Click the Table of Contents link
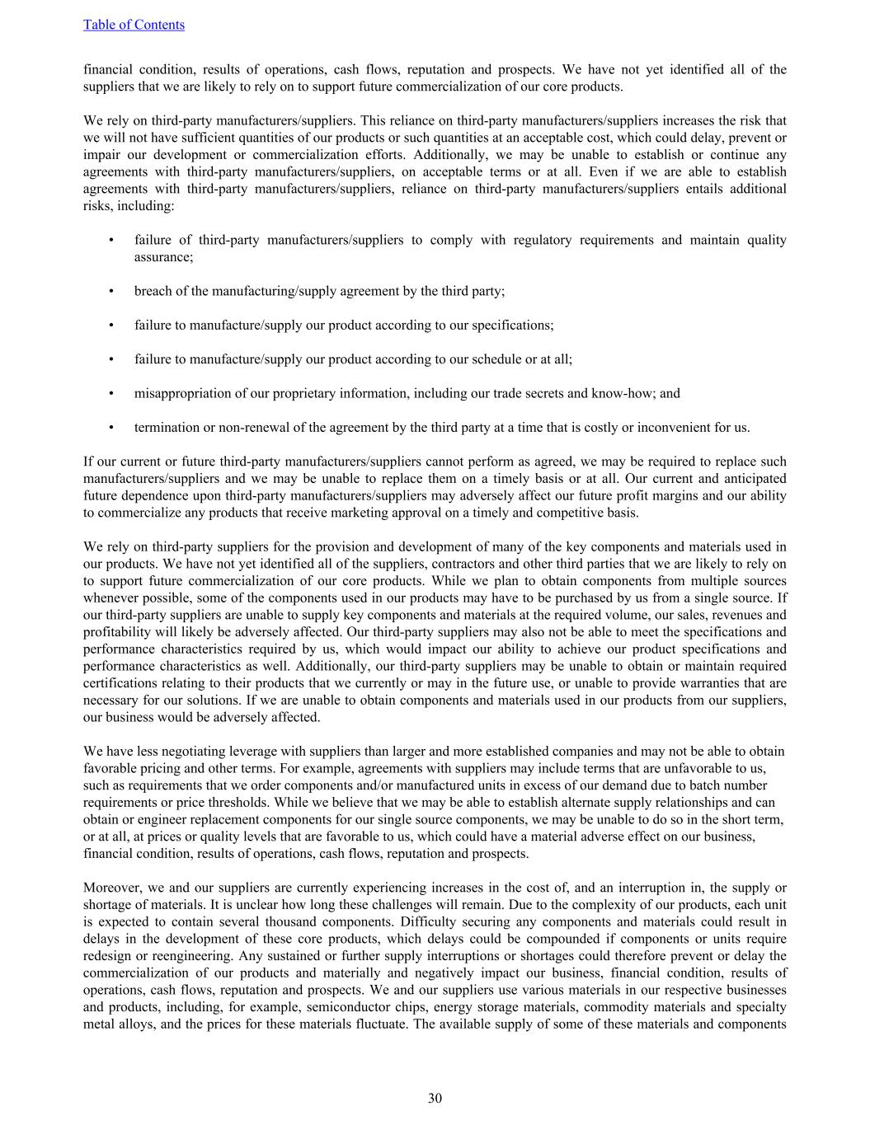pyautogui.click(x=134, y=25)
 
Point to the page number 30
pyautogui.click(x=435, y=1098)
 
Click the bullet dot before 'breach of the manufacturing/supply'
pyautogui.click(x=111, y=291)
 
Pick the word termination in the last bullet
pyautogui.click(x=165, y=427)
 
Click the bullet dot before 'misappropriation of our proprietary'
pyautogui.click(x=111, y=393)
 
